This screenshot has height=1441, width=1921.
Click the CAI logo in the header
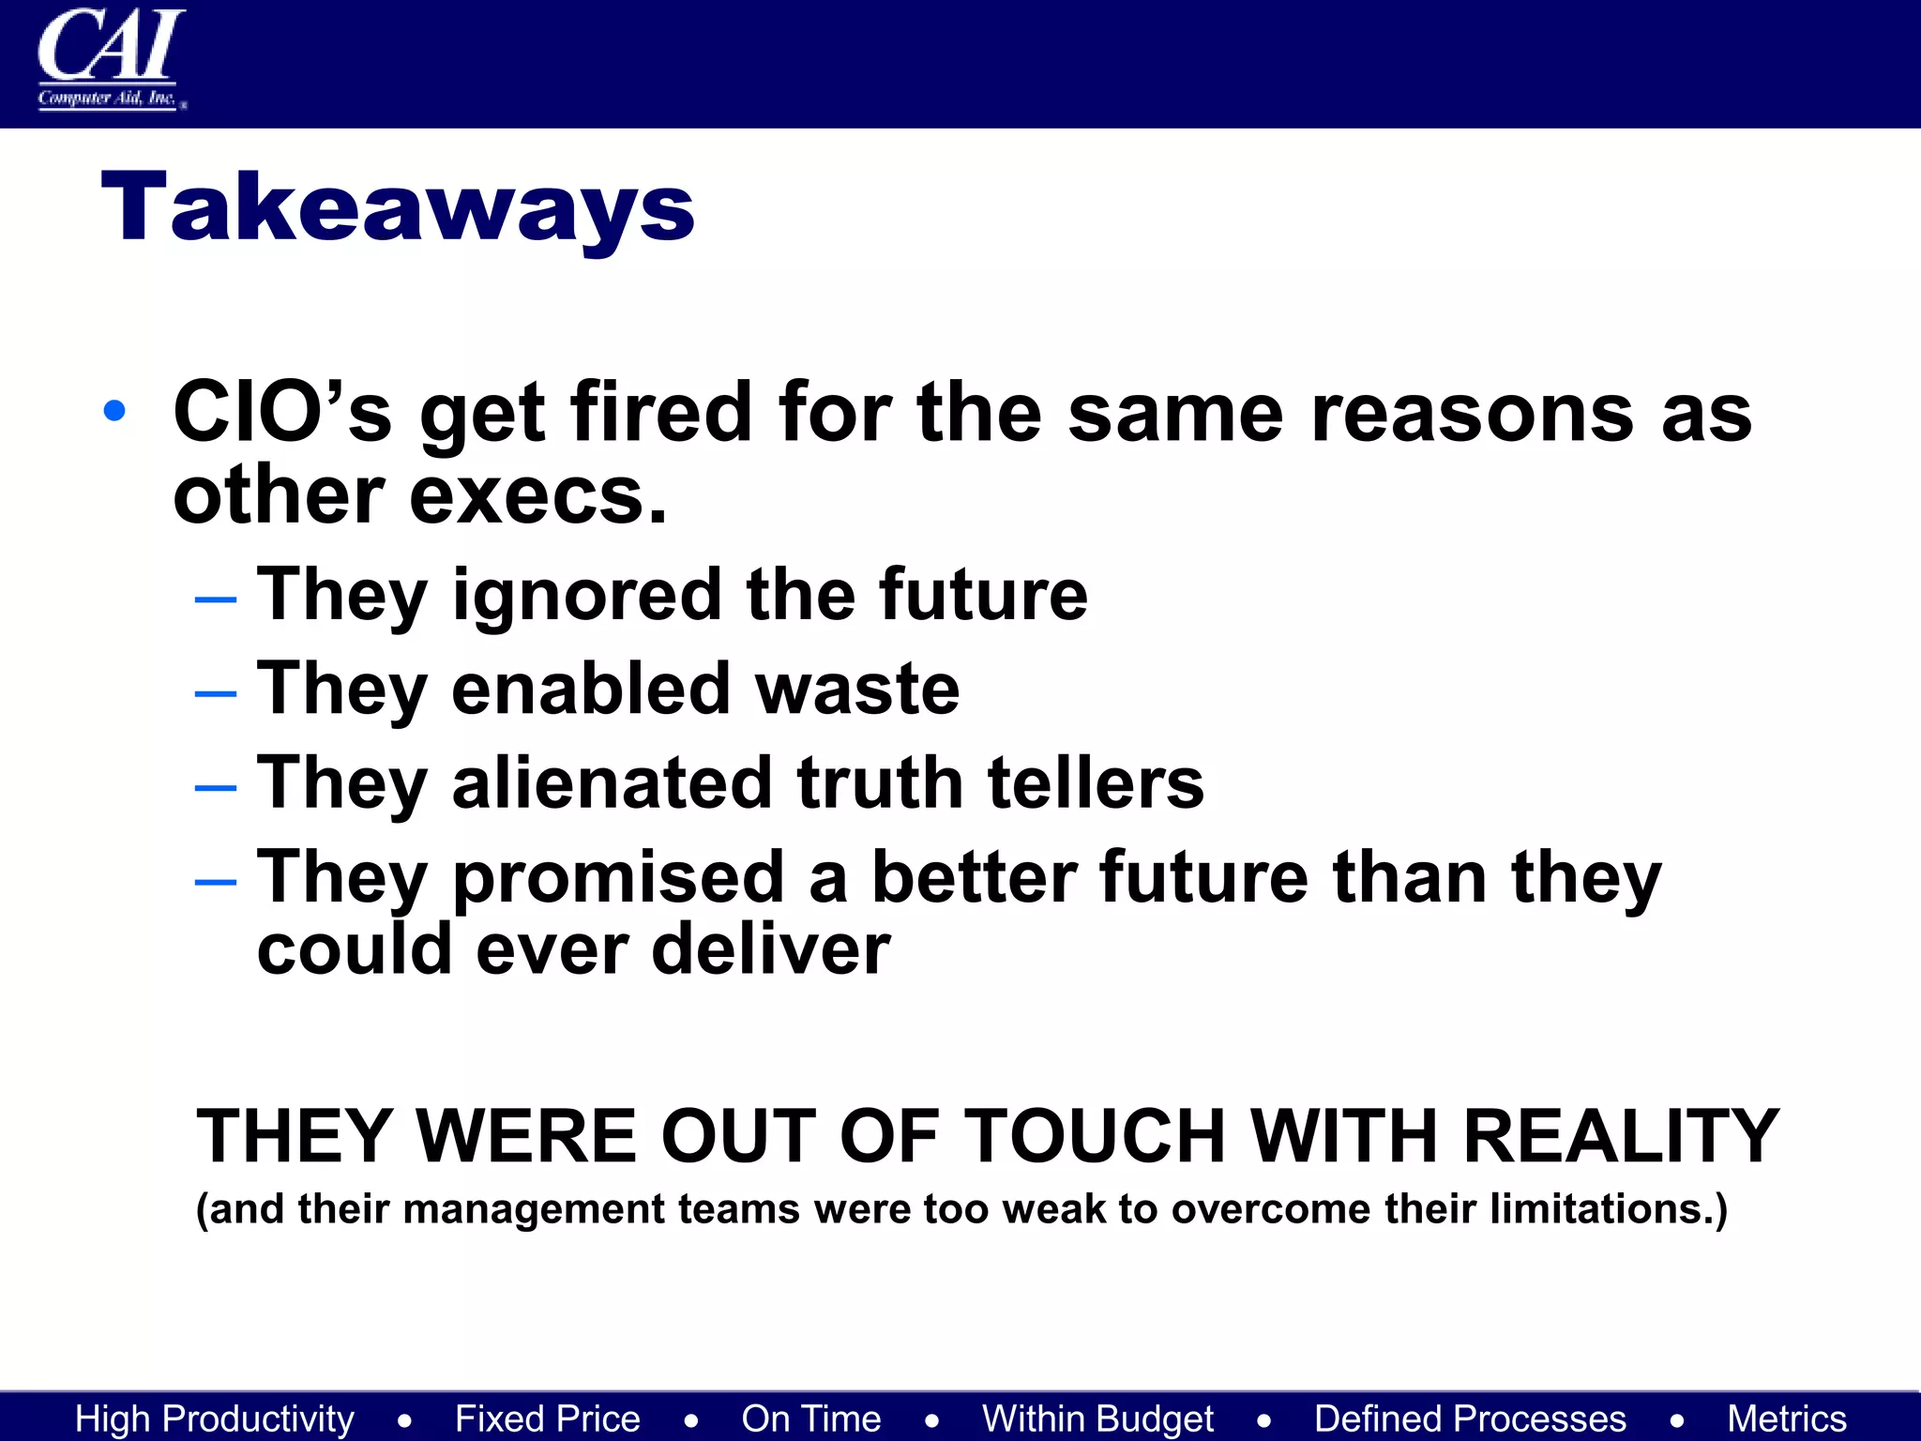[x=111, y=58]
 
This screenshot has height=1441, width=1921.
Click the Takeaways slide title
[x=398, y=207]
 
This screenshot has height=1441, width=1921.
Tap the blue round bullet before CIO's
[x=114, y=411]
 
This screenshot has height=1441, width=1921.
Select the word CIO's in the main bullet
[x=282, y=413]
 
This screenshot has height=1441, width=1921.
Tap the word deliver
[x=770, y=950]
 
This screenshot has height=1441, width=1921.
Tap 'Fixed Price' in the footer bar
[x=548, y=1418]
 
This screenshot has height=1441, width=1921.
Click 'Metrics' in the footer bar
[x=1787, y=1418]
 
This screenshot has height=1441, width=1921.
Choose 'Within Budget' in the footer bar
[x=1097, y=1418]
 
